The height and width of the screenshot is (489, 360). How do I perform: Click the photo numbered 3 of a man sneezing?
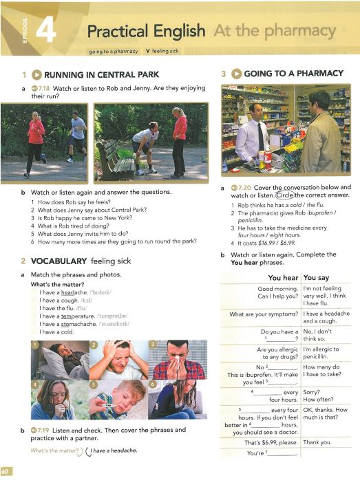coord(178,359)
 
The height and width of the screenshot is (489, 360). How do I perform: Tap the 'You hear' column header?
coord(280,278)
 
